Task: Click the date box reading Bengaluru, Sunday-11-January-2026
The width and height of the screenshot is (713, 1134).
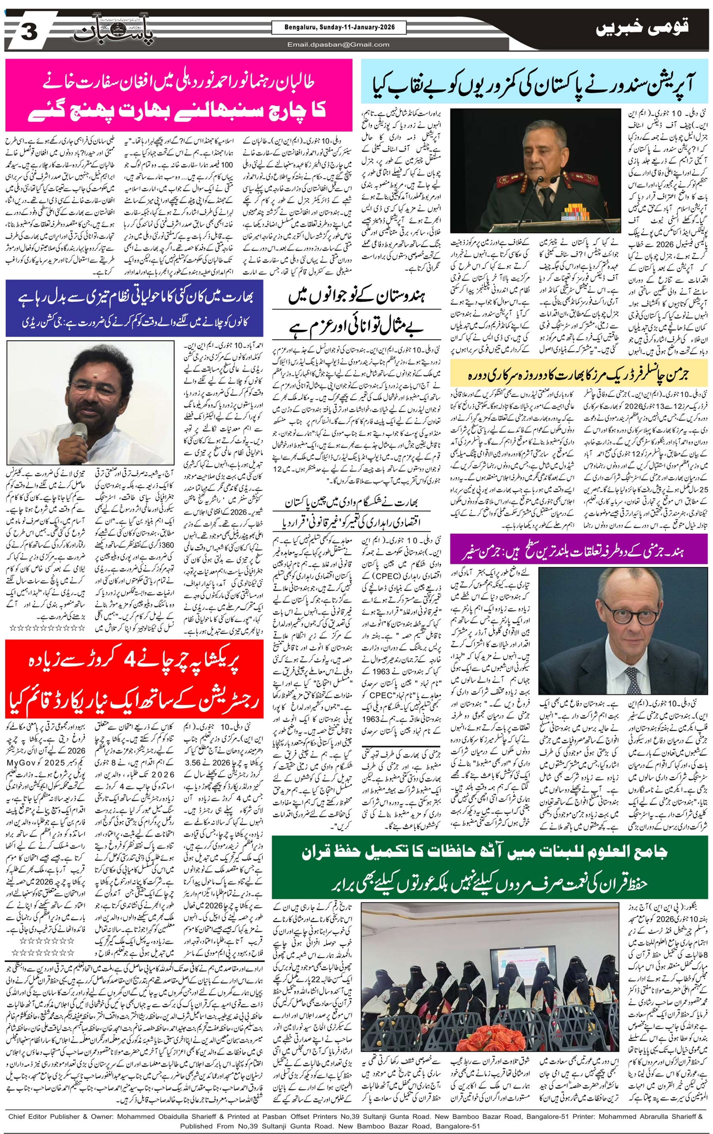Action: (339, 28)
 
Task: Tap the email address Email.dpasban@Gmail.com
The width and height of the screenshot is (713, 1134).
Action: (338, 45)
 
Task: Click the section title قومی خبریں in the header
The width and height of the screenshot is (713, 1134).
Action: (642, 29)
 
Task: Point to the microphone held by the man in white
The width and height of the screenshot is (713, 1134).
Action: (78, 433)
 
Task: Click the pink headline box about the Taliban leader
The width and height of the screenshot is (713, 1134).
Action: (179, 95)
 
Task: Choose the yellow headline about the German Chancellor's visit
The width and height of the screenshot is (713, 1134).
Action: (579, 375)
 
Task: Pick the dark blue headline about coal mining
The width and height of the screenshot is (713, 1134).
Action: (134, 308)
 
